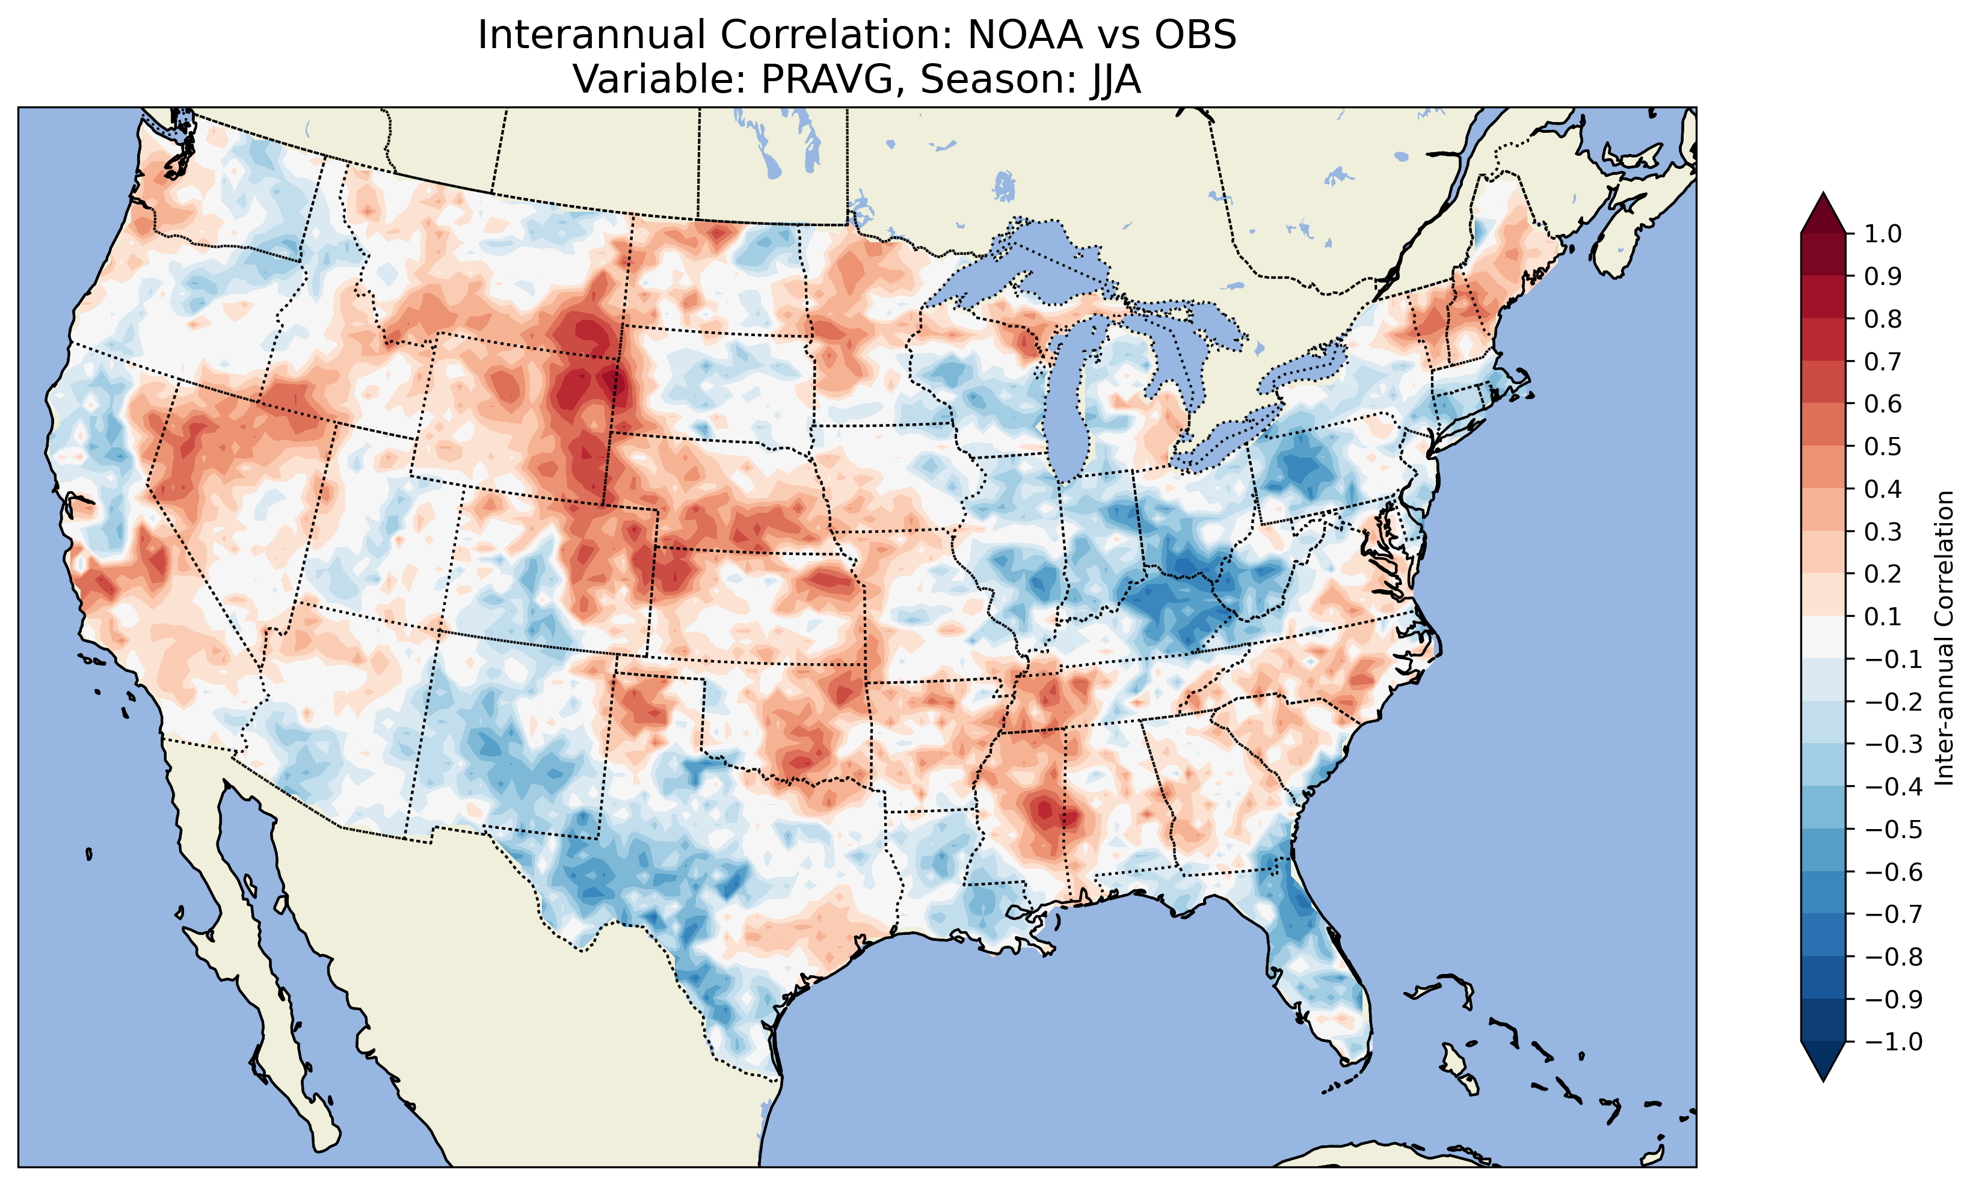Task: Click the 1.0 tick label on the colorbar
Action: click(x=1883, y=234)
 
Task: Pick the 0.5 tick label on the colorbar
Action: click(x=1883, y=446)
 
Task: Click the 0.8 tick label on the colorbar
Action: click(x=1883, y=319)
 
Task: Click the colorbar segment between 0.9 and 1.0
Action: click(x=1823, y=256)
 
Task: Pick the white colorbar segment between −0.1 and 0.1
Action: click(x=1823, y=637)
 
